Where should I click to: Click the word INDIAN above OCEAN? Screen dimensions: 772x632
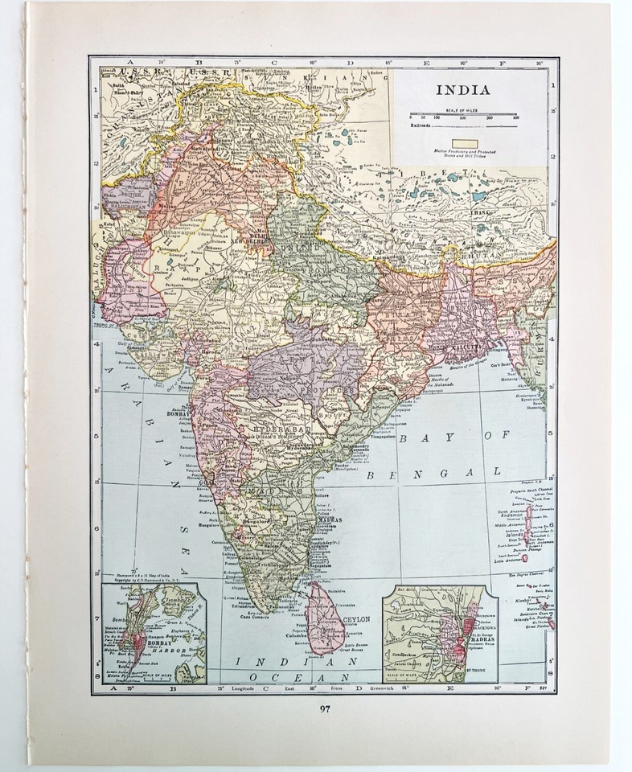266,662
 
